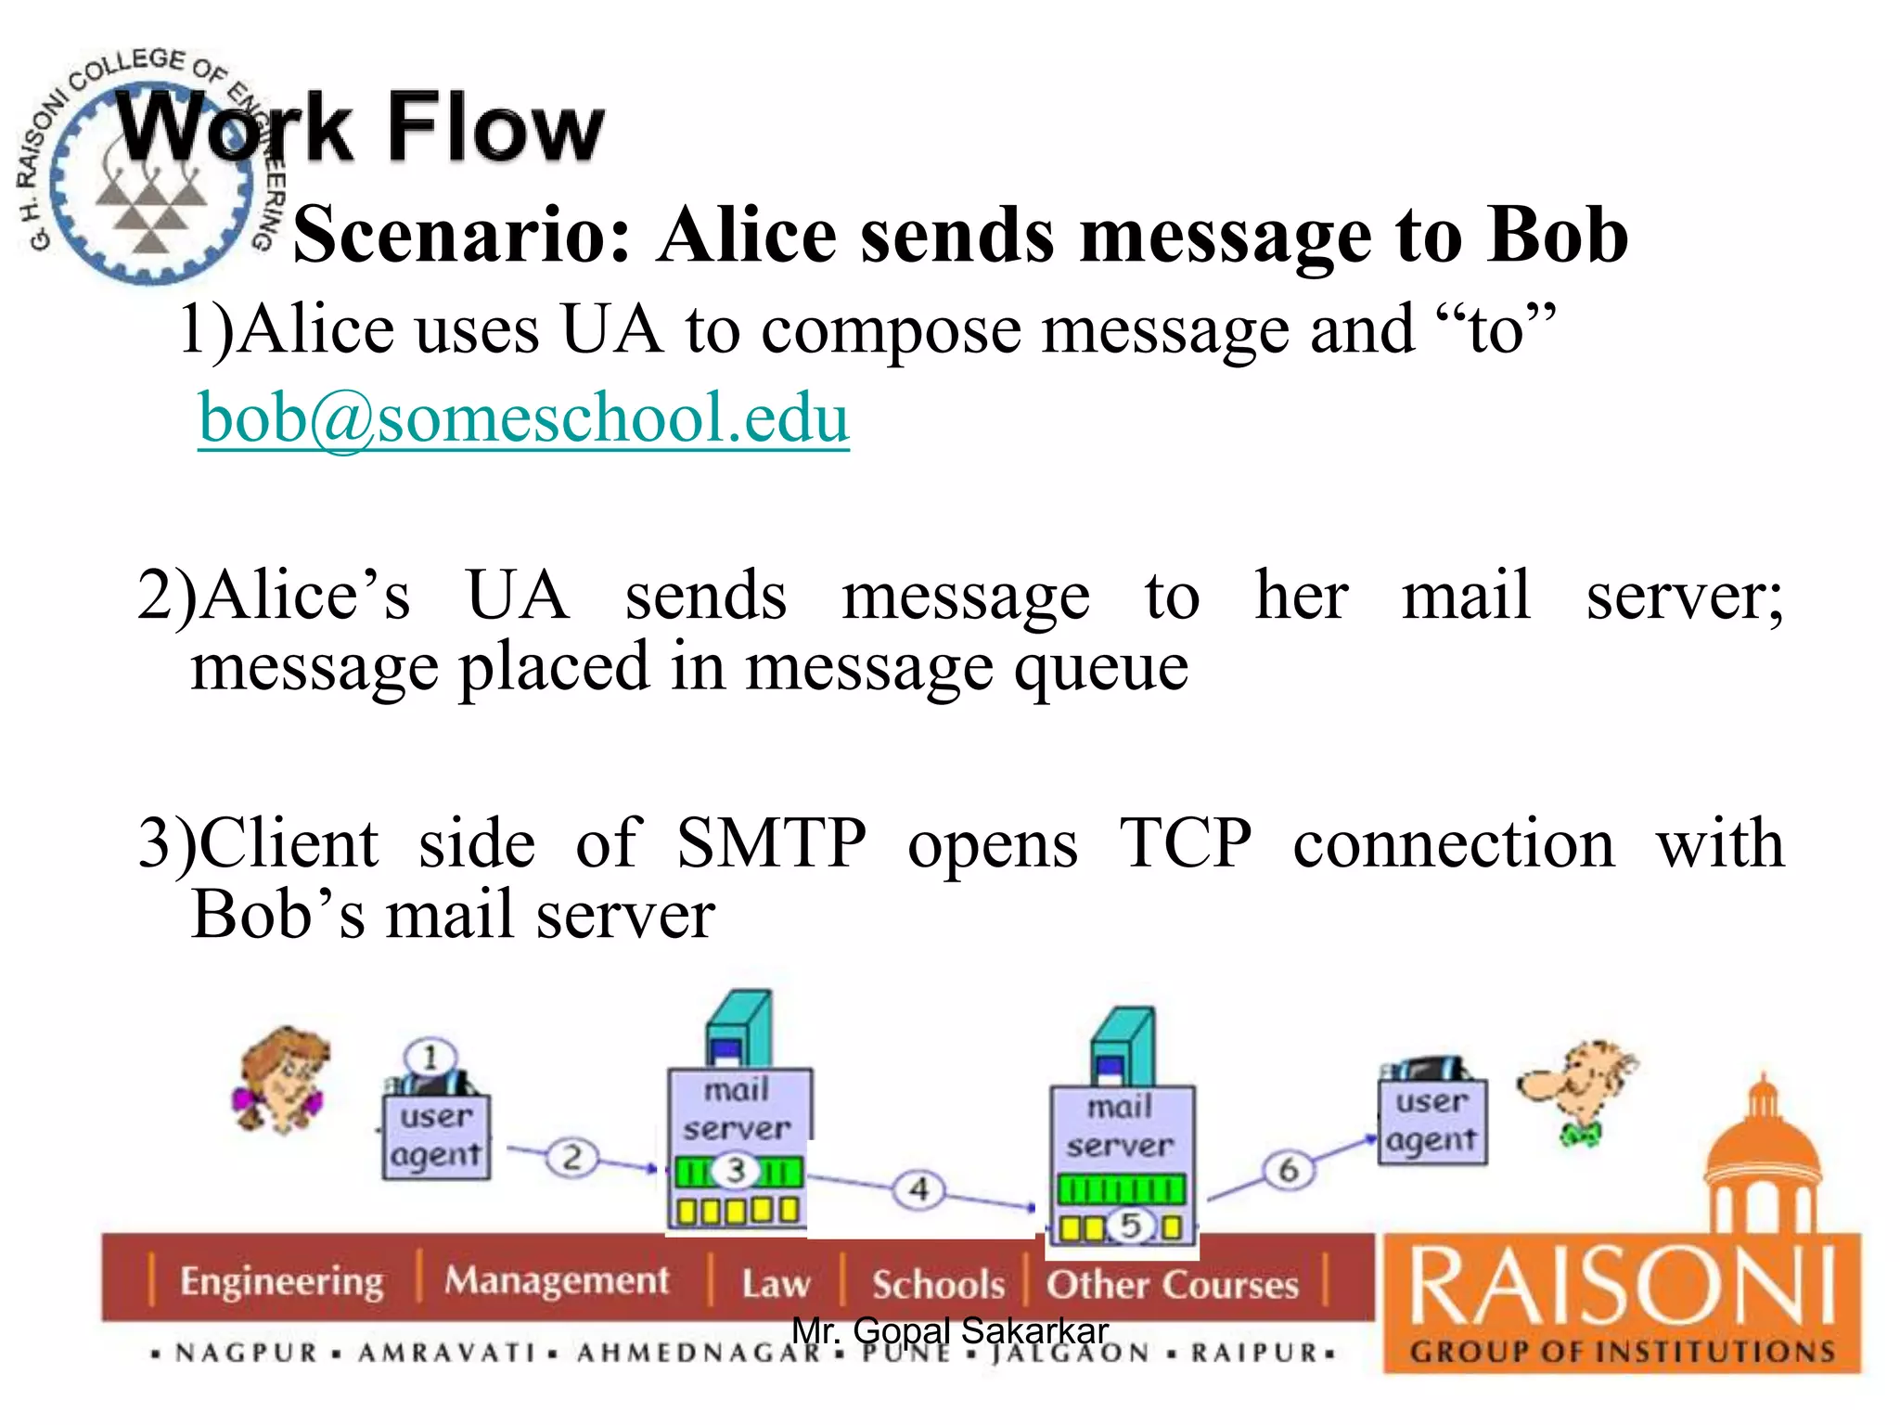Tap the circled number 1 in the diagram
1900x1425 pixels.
[430, 1057]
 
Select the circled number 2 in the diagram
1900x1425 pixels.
[571, 1157]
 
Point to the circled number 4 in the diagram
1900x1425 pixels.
[918, 1188]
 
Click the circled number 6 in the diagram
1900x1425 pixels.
[1288, 1170]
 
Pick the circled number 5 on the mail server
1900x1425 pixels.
[1129, 1226]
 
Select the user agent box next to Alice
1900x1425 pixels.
[436, 1136]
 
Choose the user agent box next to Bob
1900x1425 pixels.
[1431, 1122]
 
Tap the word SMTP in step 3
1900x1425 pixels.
[771, 843]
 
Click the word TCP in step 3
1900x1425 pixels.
[1185, 843]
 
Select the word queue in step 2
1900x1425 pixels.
[1100, 668]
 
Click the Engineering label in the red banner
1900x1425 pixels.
[281, 1281]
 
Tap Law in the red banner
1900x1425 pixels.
[776, 1285]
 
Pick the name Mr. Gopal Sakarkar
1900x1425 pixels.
[949, 1331]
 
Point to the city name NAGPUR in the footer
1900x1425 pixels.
[247, 1354]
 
